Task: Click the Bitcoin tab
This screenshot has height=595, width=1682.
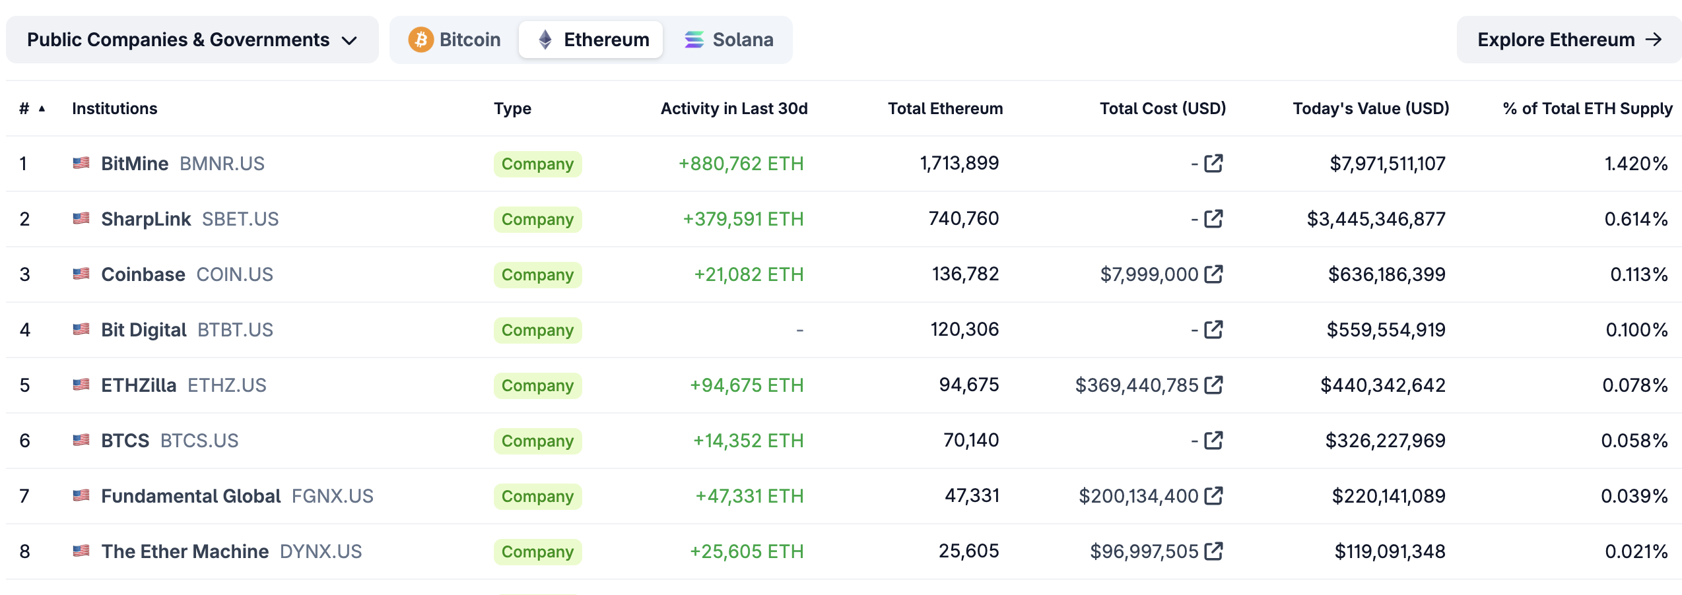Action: [455, 40]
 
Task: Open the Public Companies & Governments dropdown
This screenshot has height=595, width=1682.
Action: [191, 40]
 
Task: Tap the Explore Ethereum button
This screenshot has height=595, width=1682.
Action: [1568, 40]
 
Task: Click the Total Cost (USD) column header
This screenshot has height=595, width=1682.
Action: [1162, 108]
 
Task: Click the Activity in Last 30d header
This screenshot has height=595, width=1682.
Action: [733, 108]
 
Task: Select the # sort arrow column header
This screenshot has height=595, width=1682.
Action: [32, 108]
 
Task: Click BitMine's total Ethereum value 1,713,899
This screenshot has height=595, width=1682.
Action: [959, 163]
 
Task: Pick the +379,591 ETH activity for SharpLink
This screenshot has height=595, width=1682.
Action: [743, 219]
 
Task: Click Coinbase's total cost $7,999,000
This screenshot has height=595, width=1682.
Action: [1149, 274]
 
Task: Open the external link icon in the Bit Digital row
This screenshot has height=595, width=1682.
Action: [1213, 329]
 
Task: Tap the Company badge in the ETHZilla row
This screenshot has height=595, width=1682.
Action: [537, 385]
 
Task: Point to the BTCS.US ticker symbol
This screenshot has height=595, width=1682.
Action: [199, 441]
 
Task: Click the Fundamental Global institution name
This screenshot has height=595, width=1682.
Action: [191, 496]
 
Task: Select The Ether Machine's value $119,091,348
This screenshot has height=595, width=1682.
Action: [1390, 551]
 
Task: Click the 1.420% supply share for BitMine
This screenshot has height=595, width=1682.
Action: [1636, 164]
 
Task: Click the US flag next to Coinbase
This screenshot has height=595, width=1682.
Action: [81, 274]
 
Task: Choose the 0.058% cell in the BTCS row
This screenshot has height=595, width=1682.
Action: [1634, 441]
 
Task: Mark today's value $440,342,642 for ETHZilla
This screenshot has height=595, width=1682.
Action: [1382, 385]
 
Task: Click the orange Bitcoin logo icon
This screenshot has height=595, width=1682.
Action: [421, 40]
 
